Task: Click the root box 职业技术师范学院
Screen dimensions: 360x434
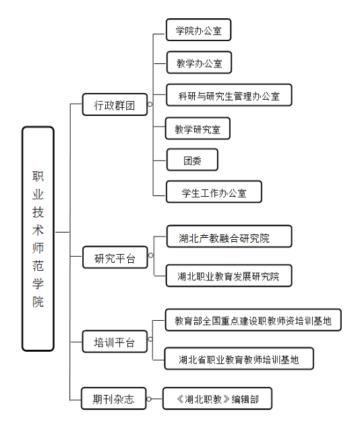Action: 38,239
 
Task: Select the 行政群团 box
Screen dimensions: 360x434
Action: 115,104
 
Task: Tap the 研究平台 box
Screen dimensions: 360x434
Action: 115,257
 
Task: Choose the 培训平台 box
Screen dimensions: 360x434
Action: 115,341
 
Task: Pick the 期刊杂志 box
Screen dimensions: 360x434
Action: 113,398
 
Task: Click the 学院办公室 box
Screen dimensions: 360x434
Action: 199,30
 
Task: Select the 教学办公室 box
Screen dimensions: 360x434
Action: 199,62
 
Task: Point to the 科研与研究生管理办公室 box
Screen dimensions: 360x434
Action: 229,95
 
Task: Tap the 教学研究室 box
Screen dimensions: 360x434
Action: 198,128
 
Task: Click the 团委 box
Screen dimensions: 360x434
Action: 192,160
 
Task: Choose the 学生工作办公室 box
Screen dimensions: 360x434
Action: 214,192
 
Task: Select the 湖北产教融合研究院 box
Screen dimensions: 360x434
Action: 229,237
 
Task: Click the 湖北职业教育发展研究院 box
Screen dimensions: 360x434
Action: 229,276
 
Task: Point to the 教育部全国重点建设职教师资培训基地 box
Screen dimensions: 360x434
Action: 253,319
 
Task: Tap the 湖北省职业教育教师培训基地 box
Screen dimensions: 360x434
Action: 239,359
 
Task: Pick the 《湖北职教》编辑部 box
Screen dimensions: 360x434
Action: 217,398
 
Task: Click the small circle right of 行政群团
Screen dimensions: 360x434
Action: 150,104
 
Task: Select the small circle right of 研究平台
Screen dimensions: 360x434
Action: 150,255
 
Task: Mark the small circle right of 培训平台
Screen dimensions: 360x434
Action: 150,340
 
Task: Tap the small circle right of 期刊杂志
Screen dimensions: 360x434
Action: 149,399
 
